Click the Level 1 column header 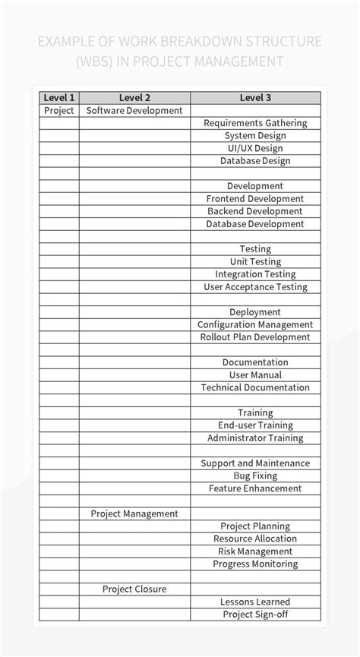point(59,97)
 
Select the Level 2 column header point(134,97)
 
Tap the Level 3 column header point(255,97)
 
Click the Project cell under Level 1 point(59,110)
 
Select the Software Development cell point(134,110)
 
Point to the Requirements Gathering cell point(255,123)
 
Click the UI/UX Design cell point(255,148)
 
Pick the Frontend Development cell point(255,198)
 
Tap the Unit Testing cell point(255,261)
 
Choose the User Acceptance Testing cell point(255,286)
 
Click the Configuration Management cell point(255,324)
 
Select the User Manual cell point(255,374)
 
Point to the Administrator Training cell point(255,437)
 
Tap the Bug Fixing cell point(255,475)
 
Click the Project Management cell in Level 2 point(134,513)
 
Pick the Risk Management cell point(255,551)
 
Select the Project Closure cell point(134,589)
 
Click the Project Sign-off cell point(255,614)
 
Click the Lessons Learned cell point(255,602)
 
